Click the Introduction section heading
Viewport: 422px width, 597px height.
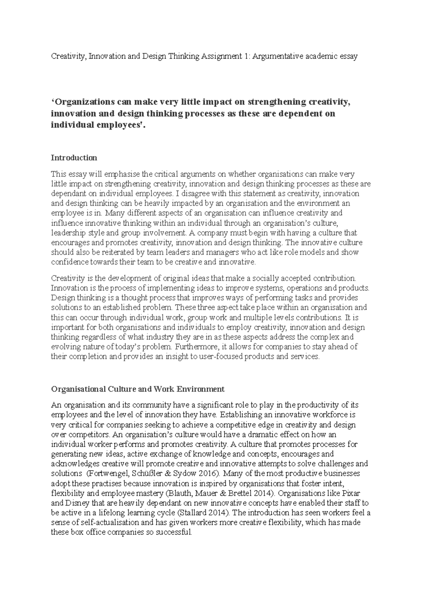(74, 158)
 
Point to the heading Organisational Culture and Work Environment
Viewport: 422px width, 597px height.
(138, 389)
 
